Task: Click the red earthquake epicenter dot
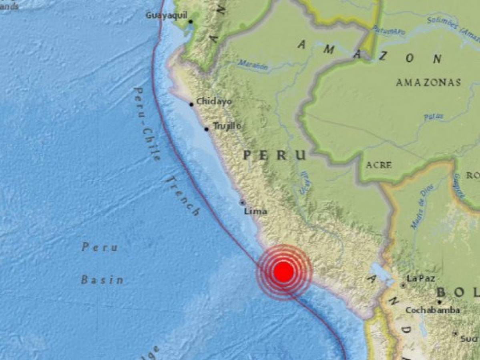click(x=283, y=272)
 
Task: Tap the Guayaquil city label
click(x=166, y=15)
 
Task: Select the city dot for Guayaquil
click(x=191, y=22)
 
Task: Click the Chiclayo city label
click(x=214, y=102)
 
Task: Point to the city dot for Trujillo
click(x=206, y=129)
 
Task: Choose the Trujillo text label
click(x=227, y=126)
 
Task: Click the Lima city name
click(x=255, y=212)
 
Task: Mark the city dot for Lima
click(x=243, y=203)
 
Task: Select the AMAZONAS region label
click(x=428, y=83)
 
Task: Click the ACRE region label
click(x=379, y=165)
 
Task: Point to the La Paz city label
click(x=420, y=278)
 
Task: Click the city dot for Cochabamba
click(x=439, y=302)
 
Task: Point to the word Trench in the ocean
click(x=183, y=196)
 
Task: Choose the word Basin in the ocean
click(x=102, y=280)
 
